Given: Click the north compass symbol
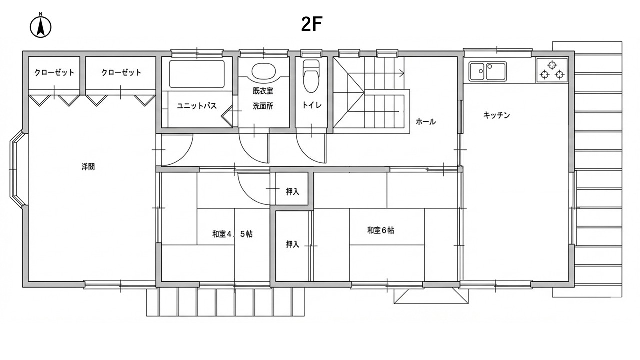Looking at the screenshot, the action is [x=41, y=26].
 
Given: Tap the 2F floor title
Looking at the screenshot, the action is [x=311, y=24].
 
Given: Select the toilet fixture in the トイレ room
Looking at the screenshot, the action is [x=311, y=76].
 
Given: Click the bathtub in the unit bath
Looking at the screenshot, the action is [x=197, y=74].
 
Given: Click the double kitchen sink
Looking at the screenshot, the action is [x=488, y=71].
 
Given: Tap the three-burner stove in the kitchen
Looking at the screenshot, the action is [x=552, y=70].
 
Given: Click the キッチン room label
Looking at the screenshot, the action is [x=496, y=115].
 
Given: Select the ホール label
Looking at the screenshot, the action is [x=425, y=122].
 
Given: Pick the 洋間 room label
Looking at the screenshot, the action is [x=88, y=167].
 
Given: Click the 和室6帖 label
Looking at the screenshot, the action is [x=380, y=230].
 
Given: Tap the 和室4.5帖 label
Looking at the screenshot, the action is [x=232, y=234].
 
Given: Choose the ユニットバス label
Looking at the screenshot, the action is [x=197, y=106].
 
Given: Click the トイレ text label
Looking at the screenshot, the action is [x=312, y=105].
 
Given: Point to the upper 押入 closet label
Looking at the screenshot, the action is [x=292, y=192].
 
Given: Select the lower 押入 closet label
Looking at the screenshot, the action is [x=292, y=244].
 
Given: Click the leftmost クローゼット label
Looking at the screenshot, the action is [x=54, y=73].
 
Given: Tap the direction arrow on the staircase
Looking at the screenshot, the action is [x=384, y=73].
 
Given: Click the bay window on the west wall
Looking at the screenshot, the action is [x=16, y=169].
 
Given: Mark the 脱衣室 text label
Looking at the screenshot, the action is [x=263, y=91].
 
